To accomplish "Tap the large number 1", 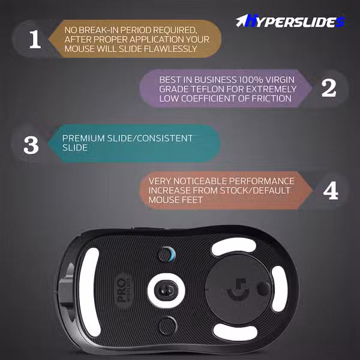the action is (x=35, y=39).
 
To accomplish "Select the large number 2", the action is (x=329, y=88).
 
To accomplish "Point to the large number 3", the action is (x=31, y=145).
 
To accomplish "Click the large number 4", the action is (x=331, y=191).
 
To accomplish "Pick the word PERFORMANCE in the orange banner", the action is (x=262, y=181).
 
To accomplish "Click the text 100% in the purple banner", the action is (x=251, y=80).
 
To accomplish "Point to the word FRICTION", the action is (x=272, y=98).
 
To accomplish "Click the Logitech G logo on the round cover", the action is (x=238, y=289).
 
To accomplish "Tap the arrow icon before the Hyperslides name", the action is (x=241, y=21).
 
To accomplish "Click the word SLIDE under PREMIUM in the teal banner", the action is (x=75, y=148).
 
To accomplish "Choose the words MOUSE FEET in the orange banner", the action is (x=176, y=200).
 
